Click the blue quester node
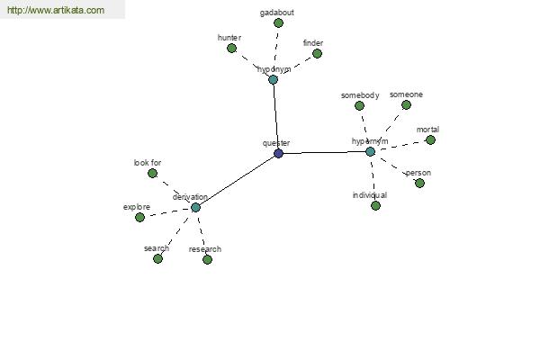point(279,153)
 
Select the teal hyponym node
point(273,80)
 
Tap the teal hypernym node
point(370,151)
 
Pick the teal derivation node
point(195,207)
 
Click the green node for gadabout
point(278,23)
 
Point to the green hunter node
point(232,49)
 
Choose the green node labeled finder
point(317,54)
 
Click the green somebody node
point(359,106)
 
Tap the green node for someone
point(407,105)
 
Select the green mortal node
point(430,139)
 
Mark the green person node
point(419,184)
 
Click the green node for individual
point(375,206)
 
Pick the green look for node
point(152,174)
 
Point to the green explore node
point(139,218)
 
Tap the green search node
point(157,258)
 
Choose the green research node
point(207,260)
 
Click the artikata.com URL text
point(56,10)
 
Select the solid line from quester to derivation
point(238,180)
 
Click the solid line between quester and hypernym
point(324,153)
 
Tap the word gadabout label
point(277,13)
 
